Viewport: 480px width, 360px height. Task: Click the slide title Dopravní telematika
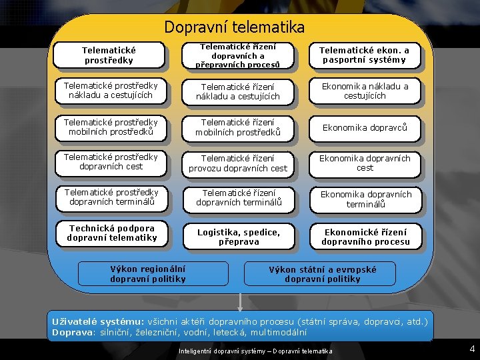234,27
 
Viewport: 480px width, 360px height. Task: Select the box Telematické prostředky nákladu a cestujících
111,91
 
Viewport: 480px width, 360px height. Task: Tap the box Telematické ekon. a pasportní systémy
364,55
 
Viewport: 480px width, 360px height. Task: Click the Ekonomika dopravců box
365,127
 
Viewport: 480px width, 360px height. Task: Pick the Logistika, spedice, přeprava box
238,235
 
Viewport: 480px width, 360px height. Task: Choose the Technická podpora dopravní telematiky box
111,233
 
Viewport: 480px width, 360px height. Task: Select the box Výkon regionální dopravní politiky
148,274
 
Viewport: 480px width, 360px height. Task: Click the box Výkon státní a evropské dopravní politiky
322,274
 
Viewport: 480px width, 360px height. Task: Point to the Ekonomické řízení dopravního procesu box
365,236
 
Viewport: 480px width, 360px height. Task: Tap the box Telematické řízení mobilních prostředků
238,127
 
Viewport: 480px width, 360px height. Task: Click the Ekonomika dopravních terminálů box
365,199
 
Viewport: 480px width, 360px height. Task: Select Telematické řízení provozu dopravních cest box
238,163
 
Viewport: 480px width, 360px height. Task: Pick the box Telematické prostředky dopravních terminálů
111,197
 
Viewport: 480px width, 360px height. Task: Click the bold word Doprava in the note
71,332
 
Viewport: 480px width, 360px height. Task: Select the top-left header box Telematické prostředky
109,55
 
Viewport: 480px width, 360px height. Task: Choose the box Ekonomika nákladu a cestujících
365,91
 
